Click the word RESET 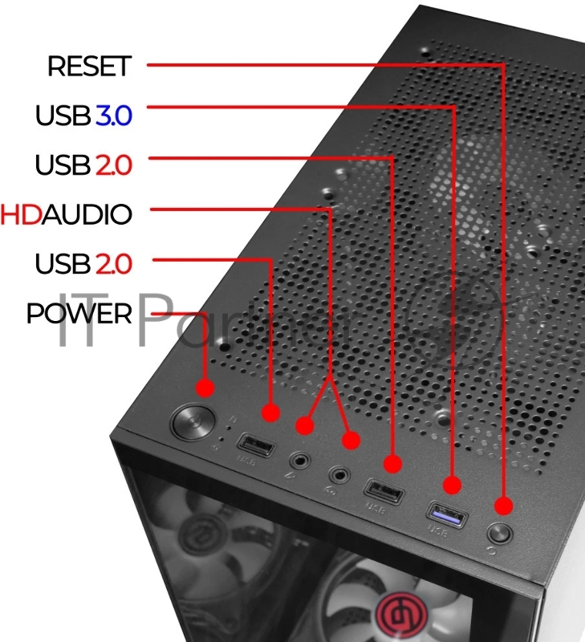88,67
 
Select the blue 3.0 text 113,116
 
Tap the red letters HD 22,214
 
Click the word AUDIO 87,214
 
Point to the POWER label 79,313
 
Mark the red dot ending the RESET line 503,506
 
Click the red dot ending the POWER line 205,388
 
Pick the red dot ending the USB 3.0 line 453,485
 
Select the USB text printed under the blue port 437,530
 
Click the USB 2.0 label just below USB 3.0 83,165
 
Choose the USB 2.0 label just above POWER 83,263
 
